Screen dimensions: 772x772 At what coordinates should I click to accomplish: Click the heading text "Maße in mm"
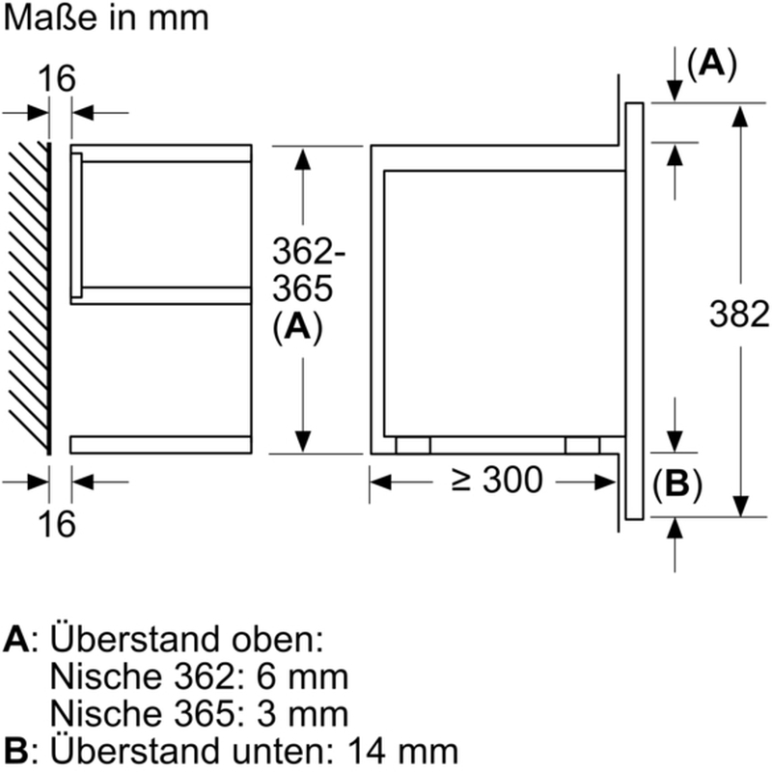pos(105,18)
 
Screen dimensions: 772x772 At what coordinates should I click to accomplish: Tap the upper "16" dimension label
pos(58,79)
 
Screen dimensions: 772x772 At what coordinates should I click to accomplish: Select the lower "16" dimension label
pos(58,524)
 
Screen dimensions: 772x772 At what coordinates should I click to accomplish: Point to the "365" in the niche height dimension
pos(302,290)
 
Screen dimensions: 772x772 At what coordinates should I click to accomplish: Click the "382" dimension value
pos(739,315)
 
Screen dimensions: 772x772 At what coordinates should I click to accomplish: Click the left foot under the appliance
pos(413,444)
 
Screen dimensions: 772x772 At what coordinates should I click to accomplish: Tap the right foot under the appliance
pos(582,444)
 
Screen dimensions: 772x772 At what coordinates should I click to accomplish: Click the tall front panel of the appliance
pos(634,309)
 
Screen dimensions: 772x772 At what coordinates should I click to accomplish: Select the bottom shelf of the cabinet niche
pos(160,444)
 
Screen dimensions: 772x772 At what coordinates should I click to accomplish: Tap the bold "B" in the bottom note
pos(16,751)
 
